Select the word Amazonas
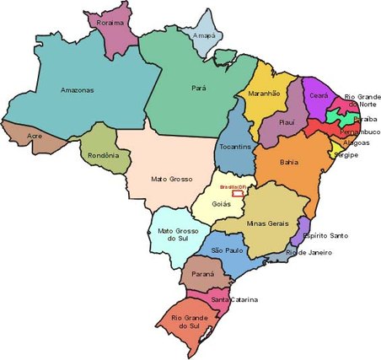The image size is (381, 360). [77, 89]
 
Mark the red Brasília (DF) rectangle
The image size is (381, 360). [239, 193]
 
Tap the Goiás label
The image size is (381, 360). [221, 204]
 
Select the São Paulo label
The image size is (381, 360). [228, 250]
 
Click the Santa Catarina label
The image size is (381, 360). [233, 299]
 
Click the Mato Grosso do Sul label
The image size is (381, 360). [176, 234]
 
